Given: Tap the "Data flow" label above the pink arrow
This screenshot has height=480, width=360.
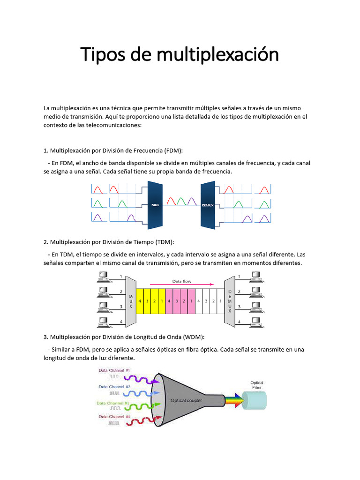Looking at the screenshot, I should tap(182, 282).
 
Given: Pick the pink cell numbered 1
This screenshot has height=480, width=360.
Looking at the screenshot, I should tap(191, 300).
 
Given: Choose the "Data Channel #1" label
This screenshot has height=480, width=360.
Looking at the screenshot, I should tap(114, 370).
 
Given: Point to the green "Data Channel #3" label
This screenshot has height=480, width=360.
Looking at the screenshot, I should tap(113, 403).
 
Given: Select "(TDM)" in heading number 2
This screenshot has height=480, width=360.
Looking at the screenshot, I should tap(165, 242).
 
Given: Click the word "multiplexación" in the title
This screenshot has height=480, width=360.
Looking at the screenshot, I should tap(217, 55).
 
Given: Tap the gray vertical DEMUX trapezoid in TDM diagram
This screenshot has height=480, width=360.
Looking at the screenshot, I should tap(229, 300).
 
